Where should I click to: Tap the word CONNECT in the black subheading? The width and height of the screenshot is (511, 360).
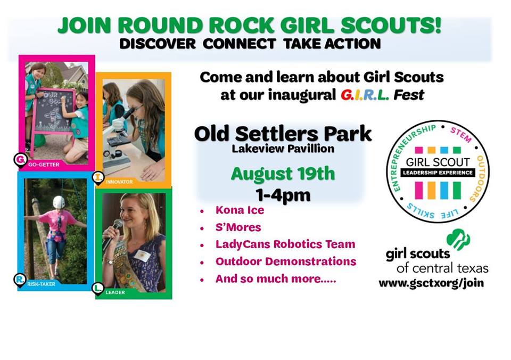(x=239, y=44)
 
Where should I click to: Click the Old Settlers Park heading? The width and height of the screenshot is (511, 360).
(x=283, y=134)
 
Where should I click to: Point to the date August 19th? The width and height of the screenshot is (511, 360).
(x=283, y=174)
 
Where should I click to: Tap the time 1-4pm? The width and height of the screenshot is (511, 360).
(x=283, y=195)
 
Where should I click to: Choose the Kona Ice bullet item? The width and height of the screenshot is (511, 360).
(x=240, y=210)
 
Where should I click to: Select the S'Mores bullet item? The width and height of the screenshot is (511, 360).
(x=238, y=227)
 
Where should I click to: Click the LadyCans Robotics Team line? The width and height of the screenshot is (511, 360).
(x=285, y=244)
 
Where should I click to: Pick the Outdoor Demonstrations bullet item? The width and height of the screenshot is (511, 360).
(x=286, y=261)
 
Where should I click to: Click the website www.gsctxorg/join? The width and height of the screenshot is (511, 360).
(x=431, y=283)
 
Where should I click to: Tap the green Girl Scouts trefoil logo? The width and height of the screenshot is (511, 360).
(x=458, y=239)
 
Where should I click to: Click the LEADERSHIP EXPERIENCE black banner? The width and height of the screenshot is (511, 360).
(x=438, y=173)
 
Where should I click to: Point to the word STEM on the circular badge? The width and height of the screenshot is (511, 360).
(x=461, y=135)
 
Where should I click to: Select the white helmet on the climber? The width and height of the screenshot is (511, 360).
(x=59, y=202)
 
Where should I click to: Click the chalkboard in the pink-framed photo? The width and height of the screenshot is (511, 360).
(x=54, y=111)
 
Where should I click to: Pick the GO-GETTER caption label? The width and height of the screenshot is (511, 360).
(x=44, y=165)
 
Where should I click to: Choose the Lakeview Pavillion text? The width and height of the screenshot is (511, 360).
(x=283, y=149)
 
